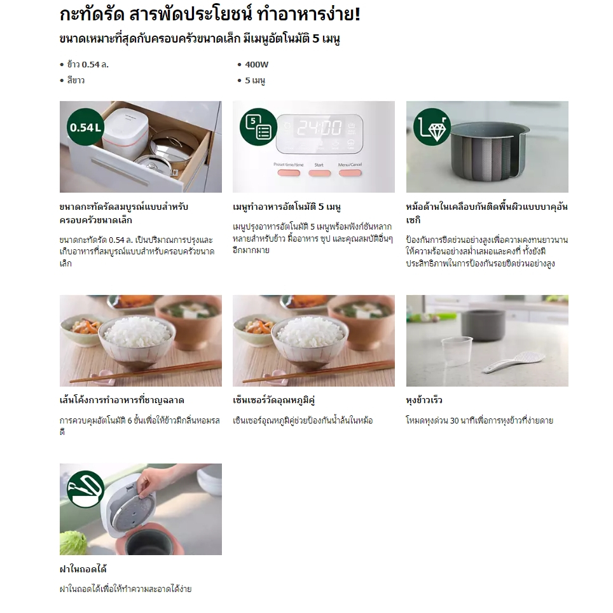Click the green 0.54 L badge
coord(85,127)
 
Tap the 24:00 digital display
coord(319,128)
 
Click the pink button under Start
coord(319,173)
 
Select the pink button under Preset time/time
coord(289,173)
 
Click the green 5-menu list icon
coord(258,127)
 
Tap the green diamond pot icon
coord(432,127)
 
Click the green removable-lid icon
coord(85,489)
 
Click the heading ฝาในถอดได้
coord(83,569)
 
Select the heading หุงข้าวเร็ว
coord(424,401)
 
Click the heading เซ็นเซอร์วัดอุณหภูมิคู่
coord(273,401)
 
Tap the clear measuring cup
coord(457,350)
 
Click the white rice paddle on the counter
coord(513,362)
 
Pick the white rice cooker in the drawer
coord(126,130)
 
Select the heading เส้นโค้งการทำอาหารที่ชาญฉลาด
coord(122,401)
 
